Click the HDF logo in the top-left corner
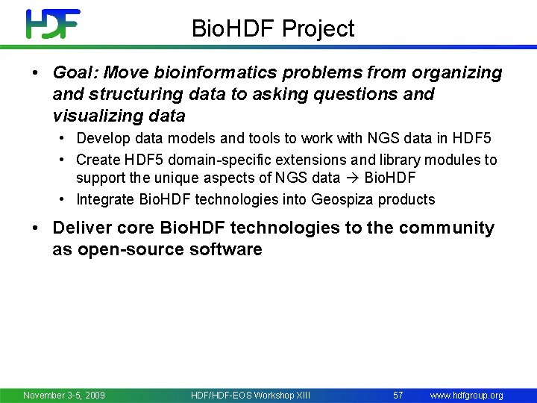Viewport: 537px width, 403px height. (x=52, y=24)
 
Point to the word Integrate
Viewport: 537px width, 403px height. (x=107, y=199)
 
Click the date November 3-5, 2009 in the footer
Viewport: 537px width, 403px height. (x=64, y=395)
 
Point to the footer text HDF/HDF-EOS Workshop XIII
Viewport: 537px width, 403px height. (x=251, y=395)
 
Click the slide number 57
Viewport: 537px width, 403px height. (x=398, y=395)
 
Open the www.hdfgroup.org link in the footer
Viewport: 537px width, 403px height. (x=466, y=395)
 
